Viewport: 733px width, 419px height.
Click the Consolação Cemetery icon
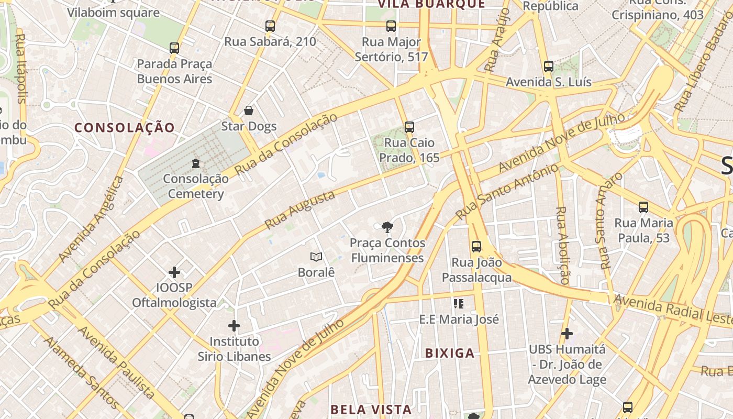coord(196,163)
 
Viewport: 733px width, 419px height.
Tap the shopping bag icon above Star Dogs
coord(249,111)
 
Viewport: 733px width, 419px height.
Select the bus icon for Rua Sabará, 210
coord(270,26)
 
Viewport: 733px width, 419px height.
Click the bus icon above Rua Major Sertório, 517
coord(391,26)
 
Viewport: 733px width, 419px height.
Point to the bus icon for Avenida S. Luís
coord(549,67)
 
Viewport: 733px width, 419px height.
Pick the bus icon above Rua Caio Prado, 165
coord(409,127)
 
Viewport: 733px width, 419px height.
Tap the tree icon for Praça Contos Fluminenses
coord(387,227)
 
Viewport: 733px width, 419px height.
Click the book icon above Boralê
coord(316,257)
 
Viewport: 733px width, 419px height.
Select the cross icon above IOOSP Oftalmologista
coord(174,272)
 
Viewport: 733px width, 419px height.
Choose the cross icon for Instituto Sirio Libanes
coord(234,326)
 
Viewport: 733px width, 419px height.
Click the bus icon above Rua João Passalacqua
coord(476,247)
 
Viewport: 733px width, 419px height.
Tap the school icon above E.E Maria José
coord(459,304)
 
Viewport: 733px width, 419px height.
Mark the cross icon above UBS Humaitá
coord(567,333)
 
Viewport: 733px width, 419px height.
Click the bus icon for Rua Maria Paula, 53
coord(643,207)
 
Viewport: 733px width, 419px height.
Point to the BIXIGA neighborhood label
coord(450,353)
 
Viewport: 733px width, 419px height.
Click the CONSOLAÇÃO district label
coord(125,127)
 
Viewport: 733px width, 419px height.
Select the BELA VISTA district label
coord(371,409)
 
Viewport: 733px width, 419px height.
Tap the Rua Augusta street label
coord(299,210)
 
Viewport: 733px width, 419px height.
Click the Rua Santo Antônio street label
coord(507,192)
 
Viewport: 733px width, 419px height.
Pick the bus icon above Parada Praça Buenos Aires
coord(174,48)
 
